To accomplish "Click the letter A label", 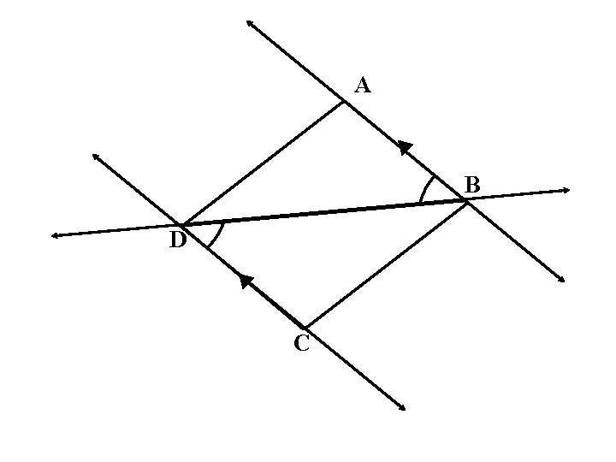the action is tap(362, 86).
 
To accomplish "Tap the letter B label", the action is tap(471, 184).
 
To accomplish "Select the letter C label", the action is tap(302, 342).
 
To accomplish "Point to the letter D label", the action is tap(178, 240).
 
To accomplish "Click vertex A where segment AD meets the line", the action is tap(344, 102).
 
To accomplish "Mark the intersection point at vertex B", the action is tap(466, 202).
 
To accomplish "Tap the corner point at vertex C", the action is tap(305, 327).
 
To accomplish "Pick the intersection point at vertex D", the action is tap(181, 225).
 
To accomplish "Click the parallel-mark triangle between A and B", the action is tap(406, 148).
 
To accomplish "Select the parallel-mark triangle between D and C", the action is tap(246, 281).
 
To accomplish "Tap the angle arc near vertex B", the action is tap(424, 187).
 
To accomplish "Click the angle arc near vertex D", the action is tap(217, 236).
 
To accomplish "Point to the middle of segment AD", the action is tap(263, 163).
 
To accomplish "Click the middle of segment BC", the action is tap(385, 264).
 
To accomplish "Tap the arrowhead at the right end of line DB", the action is tap(566, 191).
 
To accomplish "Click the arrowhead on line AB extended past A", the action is tap(250, 23).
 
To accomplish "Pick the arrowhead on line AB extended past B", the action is tap(561, 279).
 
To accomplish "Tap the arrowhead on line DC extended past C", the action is tap(402, 407).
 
